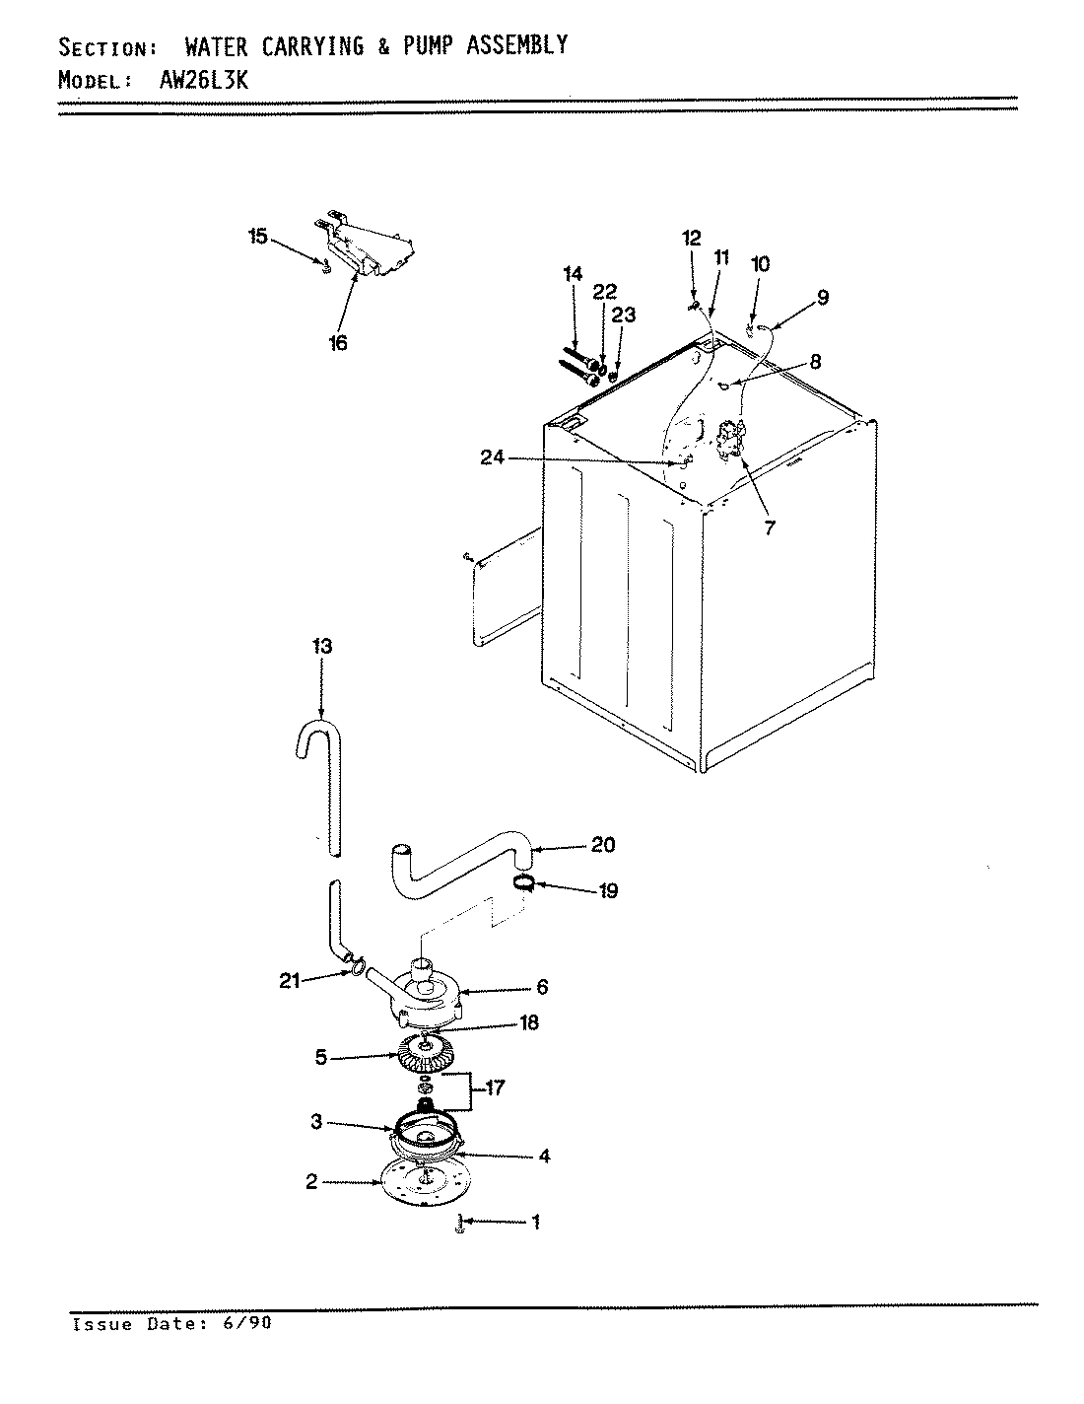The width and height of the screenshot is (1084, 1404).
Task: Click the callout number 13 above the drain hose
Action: point(322,647)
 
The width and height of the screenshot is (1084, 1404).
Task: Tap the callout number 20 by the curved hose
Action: point(602,845)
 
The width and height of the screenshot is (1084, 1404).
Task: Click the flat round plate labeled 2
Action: point(425,1186)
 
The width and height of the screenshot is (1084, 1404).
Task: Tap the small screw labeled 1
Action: point(459,1225)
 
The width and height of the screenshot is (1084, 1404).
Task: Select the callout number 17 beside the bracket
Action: point(493,1088)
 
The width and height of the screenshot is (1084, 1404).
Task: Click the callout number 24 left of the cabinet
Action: point(494,456)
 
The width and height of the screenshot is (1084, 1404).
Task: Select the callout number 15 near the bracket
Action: point(257,237)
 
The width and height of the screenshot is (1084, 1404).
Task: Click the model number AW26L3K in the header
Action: point(204,81)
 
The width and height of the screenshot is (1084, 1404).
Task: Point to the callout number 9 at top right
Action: point(822,298)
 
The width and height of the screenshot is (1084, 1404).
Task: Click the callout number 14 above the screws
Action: point(573,274)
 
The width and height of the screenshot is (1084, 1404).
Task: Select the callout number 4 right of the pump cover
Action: point(543,1156)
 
